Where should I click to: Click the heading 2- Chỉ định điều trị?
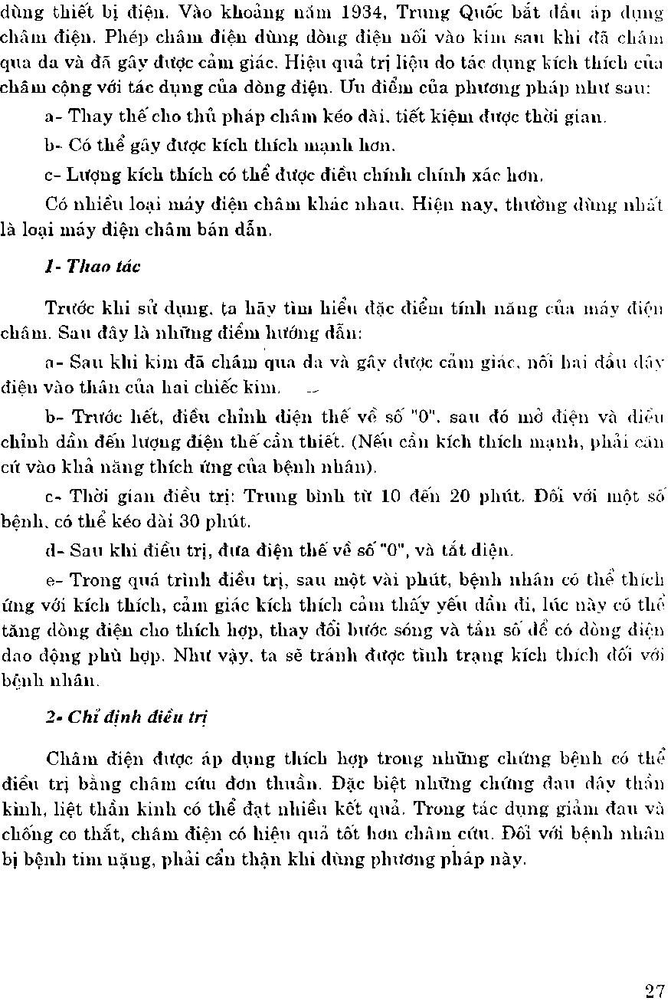(126, 717)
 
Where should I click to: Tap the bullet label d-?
(54, 550)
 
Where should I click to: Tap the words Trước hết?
(107, 418)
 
